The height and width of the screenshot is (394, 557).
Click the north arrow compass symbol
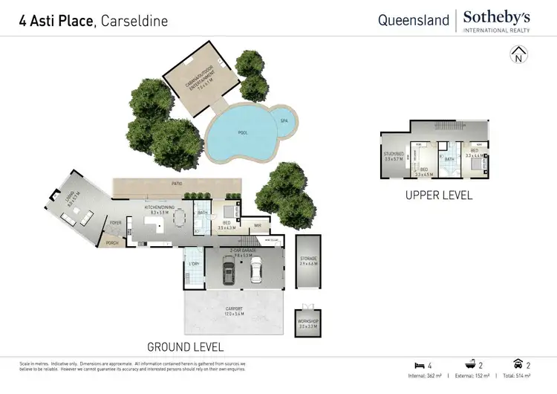(x=518, y=54)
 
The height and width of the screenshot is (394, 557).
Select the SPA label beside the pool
(x=283, y=120)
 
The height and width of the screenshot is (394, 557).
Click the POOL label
(x=243, y=132)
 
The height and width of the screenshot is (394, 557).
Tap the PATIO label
(x=177, y=183)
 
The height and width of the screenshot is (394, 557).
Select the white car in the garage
(x=255, y=274)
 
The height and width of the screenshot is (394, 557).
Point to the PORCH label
(x=112, y=242)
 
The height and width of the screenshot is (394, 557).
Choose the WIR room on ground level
(x=257, y=224)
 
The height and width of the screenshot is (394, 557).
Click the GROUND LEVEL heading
(x=185, y=346)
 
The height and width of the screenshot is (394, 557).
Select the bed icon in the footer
(x=420, y=365)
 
